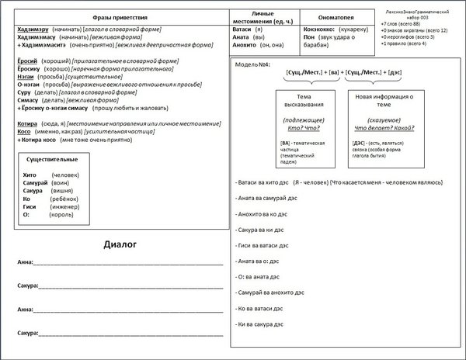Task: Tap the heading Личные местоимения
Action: point(261,16)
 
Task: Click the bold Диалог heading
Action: point(120,245)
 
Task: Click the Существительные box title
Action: point(52,158)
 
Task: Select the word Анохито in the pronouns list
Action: point(246,44)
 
